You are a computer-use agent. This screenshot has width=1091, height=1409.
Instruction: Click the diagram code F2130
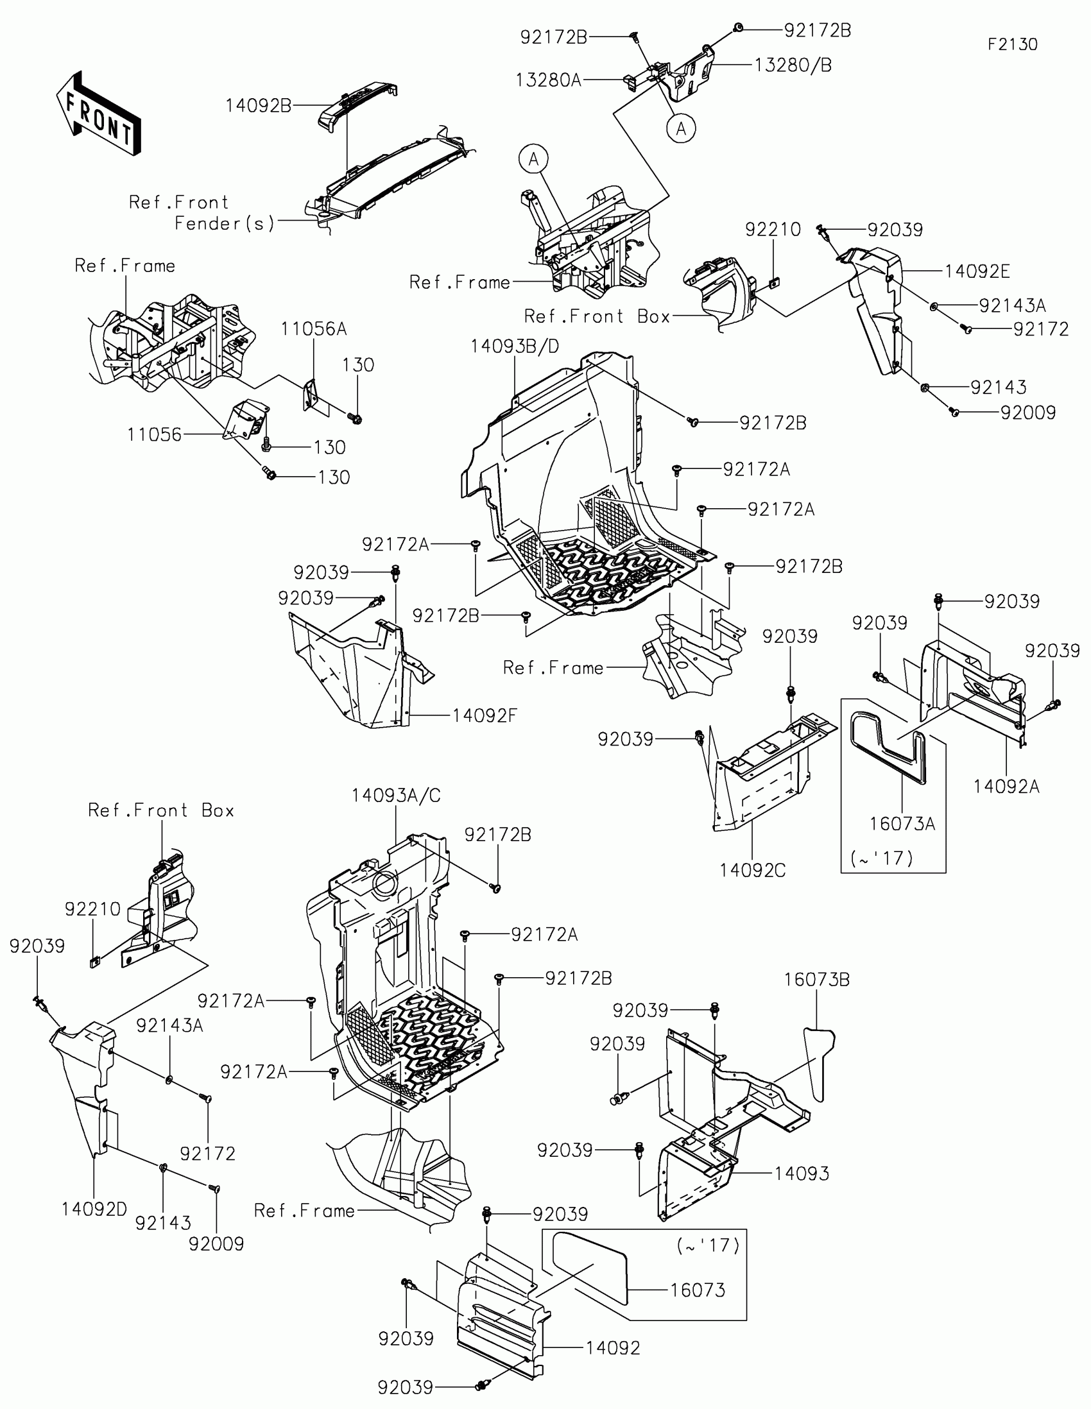click(x=1011, y=44)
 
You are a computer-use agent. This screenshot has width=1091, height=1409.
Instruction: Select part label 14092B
click(x=258, y=106)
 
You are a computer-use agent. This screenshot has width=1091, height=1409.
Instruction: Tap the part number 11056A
click(x=314, y=330)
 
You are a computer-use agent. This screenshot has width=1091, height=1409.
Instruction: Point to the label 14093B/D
click(x=514, y=346)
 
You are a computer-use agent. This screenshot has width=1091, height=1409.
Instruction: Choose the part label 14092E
click(x=977, y=271)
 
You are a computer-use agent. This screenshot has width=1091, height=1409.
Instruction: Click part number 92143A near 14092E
click(x=1011, y=305)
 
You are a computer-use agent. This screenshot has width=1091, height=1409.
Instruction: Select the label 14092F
click(x=485, y=715)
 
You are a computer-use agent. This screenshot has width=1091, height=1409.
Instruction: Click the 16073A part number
click(x=902, y=824)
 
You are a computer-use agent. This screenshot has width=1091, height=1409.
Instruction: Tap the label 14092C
click(x=752, y=870)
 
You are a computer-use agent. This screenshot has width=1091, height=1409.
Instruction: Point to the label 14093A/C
click(x=395, y=796)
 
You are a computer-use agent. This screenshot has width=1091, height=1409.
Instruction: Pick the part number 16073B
click(x=816, y=979)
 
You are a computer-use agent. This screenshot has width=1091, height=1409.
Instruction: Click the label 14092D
click(x=94, y=1209)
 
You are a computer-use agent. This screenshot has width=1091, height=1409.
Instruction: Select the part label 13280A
click(x=549, y=80)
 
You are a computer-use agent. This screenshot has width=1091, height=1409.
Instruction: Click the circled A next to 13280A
click(x=681, y=128)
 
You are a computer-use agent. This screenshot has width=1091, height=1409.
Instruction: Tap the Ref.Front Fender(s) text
click(x=202, y=213)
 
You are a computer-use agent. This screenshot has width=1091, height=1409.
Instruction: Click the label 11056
click(x=154, y=434)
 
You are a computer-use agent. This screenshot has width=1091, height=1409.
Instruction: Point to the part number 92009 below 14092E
click(x=1027, y=413)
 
